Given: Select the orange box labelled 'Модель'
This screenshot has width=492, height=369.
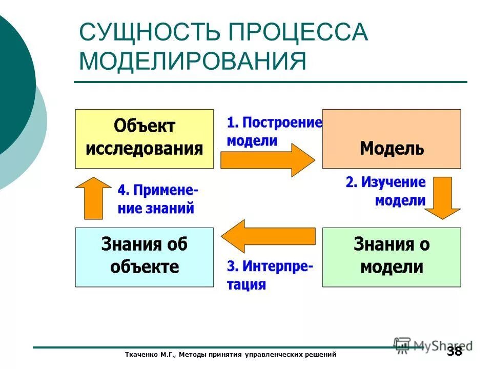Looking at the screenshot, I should pyautogui.click(x=392, y=138).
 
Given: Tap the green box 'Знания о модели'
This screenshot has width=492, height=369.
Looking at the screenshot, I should pyautogui.click(x=392, y=257).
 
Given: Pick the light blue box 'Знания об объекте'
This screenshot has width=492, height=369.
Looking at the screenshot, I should pyautogui.click(x=145, y=257).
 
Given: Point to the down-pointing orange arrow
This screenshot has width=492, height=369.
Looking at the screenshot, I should pyautogui.click(x=442, y=197).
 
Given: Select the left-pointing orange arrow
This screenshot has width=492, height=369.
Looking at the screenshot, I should pyautogui.click(x=267, y=236).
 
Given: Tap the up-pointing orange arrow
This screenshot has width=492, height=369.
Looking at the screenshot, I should pyautogui.click(x=93, y=197).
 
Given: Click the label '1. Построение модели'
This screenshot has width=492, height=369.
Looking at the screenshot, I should pyautogui.click(x=274, y=131).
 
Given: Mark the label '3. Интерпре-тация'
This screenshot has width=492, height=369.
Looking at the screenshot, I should pyautogui.click(x=270, y=275).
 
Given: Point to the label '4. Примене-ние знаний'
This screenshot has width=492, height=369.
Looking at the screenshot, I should pyautogui.click(x=158, y=199).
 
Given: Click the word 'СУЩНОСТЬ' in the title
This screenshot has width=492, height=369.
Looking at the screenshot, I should pyautogui.click(x=150, y=33).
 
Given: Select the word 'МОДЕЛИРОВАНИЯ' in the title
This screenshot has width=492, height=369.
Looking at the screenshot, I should pyautogui.click(x=193, y=61).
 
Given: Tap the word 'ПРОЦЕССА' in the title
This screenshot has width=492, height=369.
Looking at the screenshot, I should pyautogui.click(x=298, y=33).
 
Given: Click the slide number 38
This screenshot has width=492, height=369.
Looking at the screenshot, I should pyautogui.click(x=454, y=352).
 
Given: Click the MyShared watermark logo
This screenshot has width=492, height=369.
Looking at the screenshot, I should pyautogui.click(x=433, y=345).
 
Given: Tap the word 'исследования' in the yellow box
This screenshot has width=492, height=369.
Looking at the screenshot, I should pyautogui.click(x=145, y=149).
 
